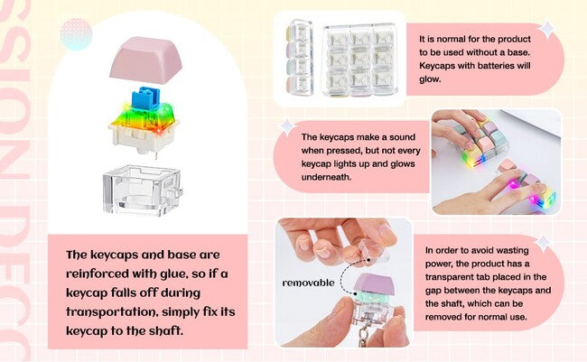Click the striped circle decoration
(x=76, y=33)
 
